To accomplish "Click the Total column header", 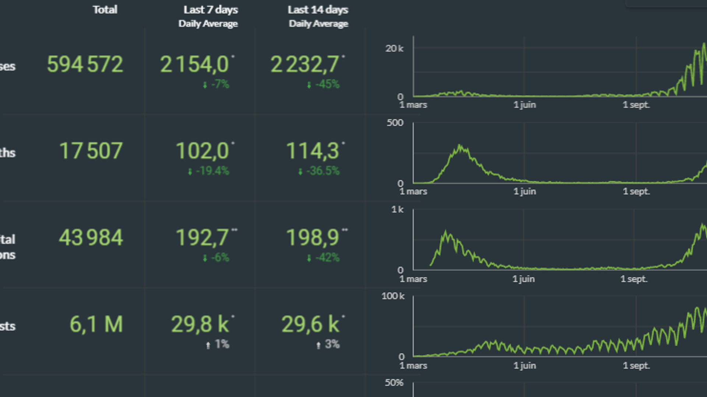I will pyautogui.click(x=105, y=10).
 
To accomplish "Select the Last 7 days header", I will pyautogui.click(x=211, y=10).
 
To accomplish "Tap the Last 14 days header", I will pyautogui.click(x=318, y=10).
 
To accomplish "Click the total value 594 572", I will pyautogui.click(x=85, y=64).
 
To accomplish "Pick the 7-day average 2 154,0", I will pyautogui.click(x=194, y=64).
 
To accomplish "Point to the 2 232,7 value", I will pyautogui.click(x=305, y=64).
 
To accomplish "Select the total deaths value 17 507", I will pyautogui.click(x=91, y=151).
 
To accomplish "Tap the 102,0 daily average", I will pyautogui.click(x=202, y=151).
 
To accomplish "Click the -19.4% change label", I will pyautogui.click(x=208, y=171).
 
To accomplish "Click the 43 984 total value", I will pyautogui.click(x=91, y=238).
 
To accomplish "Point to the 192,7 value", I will pyautogui.click(x=202, y=238).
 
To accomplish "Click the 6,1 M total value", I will pyautogui.click(x=96, y=325).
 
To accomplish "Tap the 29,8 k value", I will pyautogui.click(x=200, y=325).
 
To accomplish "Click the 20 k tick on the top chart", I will pyautogui.click(x=394, y=49).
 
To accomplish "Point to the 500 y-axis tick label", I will pyautogui.click(x=395, y=123).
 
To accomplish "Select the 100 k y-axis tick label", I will pyautogui.click(x=393, y=296).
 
